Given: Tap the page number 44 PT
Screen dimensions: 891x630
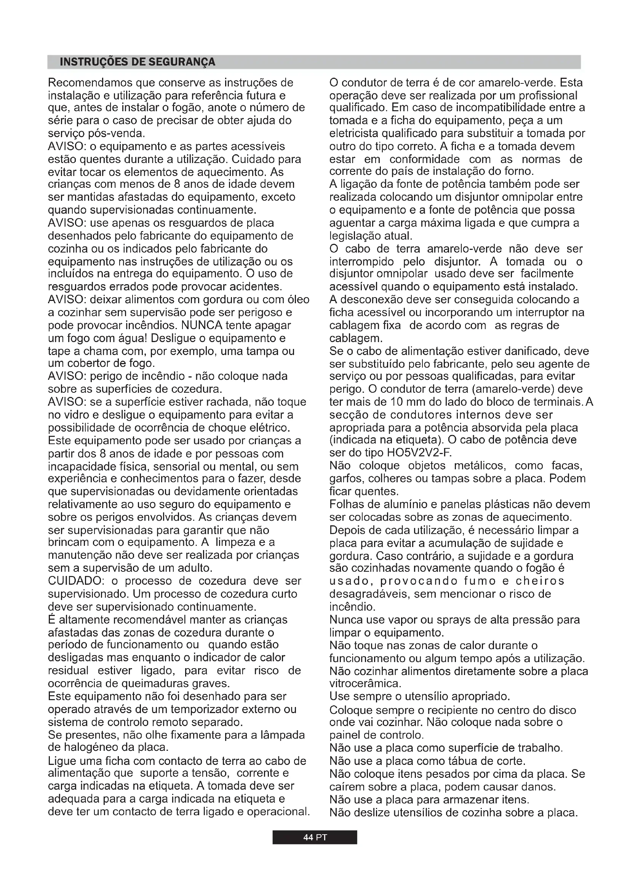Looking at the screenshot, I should click(x=315, y=837).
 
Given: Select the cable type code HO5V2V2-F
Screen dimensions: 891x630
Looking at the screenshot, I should click(x=419, y=453).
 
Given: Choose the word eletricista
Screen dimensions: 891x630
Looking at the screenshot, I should click(x=354, y=133).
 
